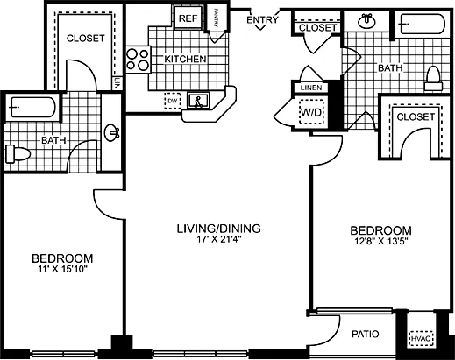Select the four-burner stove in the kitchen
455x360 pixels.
(x=138, y=59)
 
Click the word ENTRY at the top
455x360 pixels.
(x=263, y=20)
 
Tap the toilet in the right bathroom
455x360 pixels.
(x=431, y=80)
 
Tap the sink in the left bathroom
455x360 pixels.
(x=111, y=134)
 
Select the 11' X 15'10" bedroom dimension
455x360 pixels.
(x=62, y=271)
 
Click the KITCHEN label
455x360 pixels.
(x=186, y=60)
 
